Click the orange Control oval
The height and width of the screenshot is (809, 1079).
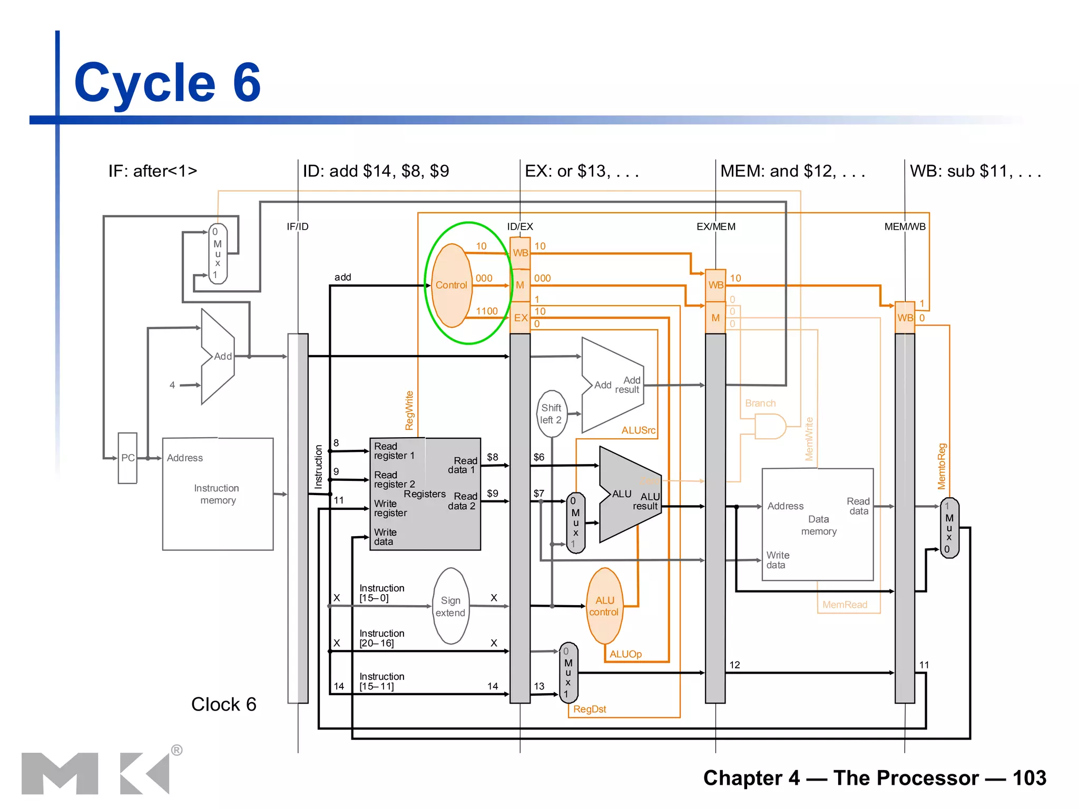[451, 285]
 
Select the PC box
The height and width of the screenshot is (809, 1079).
[127, 458]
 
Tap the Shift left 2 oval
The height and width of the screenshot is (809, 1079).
[551, 414]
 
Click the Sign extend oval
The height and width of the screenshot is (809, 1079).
[450, 606]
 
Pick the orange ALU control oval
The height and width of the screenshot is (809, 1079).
[604, 606]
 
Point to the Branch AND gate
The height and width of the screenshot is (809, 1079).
[770, 426]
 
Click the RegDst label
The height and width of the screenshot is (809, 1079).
[590, 709]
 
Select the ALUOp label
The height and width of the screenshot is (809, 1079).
[625, 654]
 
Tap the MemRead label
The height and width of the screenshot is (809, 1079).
[845, 605]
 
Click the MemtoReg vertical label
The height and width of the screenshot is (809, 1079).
[942, 467]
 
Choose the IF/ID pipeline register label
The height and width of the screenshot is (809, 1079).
[297, 226]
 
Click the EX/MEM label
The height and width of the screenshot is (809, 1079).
[715, 226]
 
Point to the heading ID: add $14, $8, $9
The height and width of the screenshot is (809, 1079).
[376, 171]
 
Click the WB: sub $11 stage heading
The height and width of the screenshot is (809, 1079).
[975, 171]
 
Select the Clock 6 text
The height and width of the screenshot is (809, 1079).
[223, 704]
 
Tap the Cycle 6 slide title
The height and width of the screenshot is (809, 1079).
[168, 83]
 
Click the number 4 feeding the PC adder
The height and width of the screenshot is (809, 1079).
[172, 385]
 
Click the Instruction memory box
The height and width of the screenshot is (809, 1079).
[218, 494]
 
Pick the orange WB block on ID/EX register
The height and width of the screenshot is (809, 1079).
[520, 253]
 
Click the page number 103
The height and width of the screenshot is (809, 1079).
[1029, 778]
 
